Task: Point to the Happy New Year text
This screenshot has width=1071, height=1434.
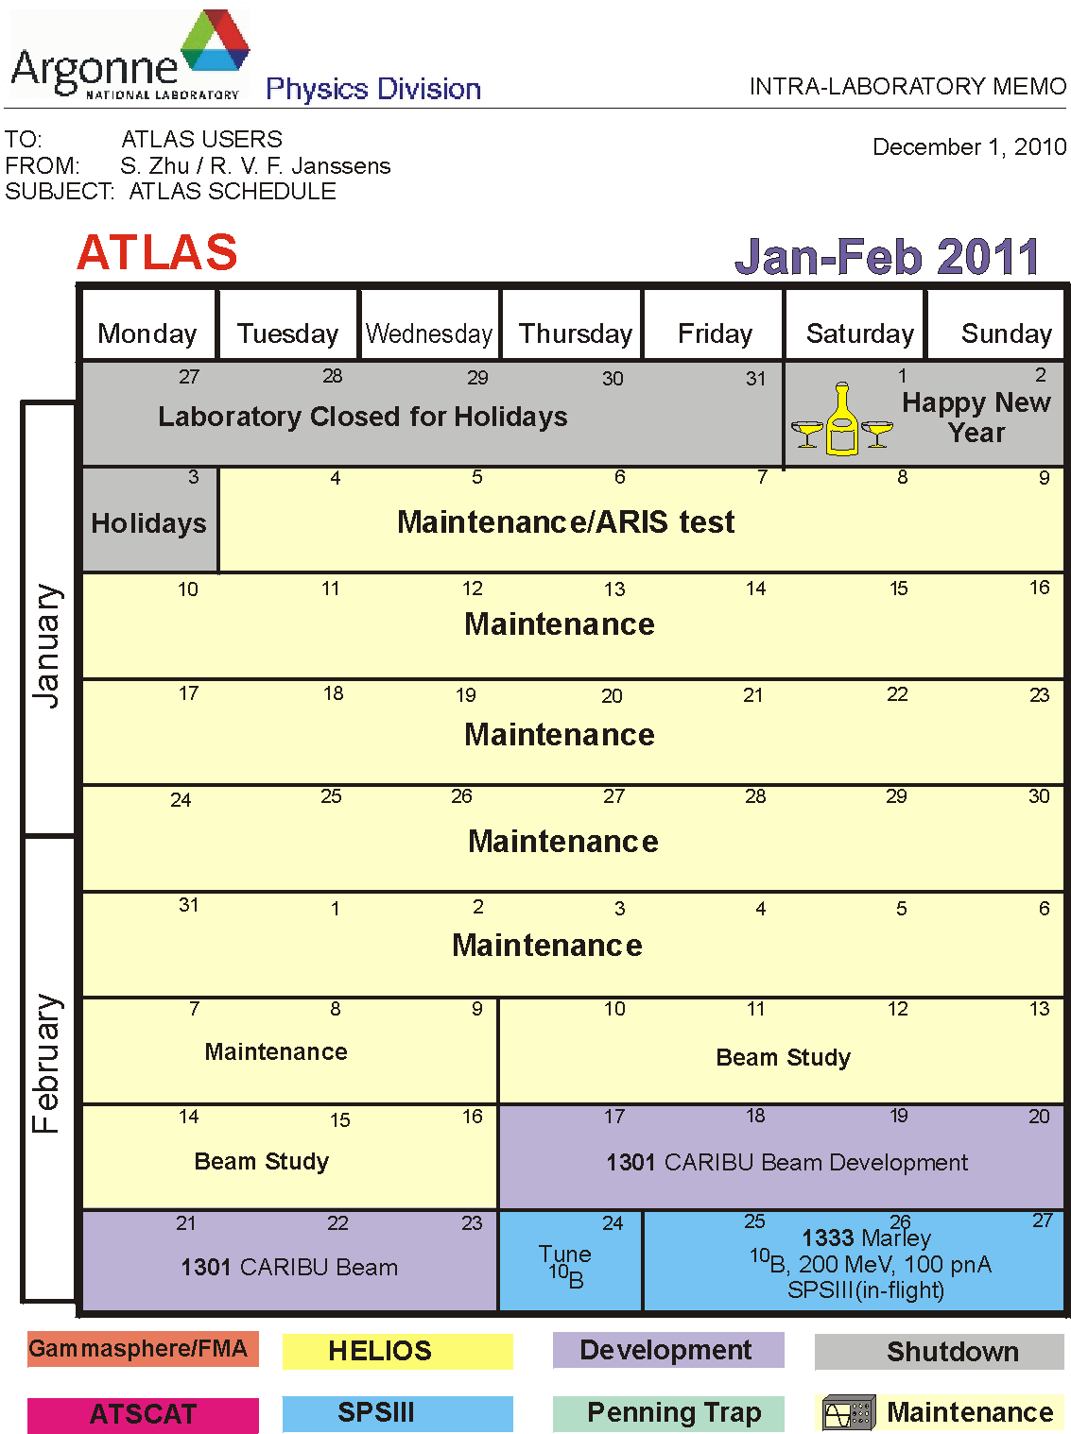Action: coord(976,418)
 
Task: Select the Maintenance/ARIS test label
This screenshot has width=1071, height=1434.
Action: coord(566,522)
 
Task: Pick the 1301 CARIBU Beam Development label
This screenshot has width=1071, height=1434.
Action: coord(786,1163)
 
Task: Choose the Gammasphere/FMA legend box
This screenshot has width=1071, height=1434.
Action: coord(143,1349)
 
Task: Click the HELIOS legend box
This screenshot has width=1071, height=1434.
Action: coord(397,1350)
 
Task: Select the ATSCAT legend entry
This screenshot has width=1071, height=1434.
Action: coord(143,1415)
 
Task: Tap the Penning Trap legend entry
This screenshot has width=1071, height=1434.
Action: coord(668,1414)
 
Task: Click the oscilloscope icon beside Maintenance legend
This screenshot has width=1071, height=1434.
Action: coord(848,1412)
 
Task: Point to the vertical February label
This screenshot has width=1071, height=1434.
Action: coord(47,1064)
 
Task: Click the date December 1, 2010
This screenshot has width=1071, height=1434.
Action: coord(969,147)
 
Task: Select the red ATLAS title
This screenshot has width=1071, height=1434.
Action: coord(157,252)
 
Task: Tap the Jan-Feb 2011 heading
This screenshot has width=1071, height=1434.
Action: coord(887,256)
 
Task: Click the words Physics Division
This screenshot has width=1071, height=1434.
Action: coord(373,89)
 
